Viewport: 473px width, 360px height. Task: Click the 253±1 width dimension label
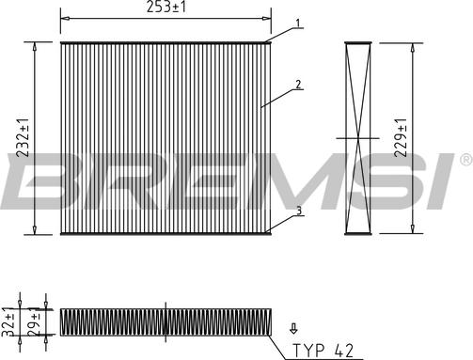(x=166, y=7)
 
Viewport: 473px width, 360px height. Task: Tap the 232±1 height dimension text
(x=23, y=137)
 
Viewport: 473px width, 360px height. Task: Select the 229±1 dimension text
(x=401, y=137)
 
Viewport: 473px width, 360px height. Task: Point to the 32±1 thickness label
(x=8, y=321)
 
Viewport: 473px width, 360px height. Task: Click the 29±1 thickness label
(x=35, y=321)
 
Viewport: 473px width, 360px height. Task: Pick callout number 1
(x=298, y=23)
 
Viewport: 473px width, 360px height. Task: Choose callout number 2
(x=298, y=85)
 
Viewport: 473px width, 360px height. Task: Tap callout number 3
(x=299, y=211)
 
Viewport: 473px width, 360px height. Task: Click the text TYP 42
(x=323, y=350)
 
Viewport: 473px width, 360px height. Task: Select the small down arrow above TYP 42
(x=293, y=329)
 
